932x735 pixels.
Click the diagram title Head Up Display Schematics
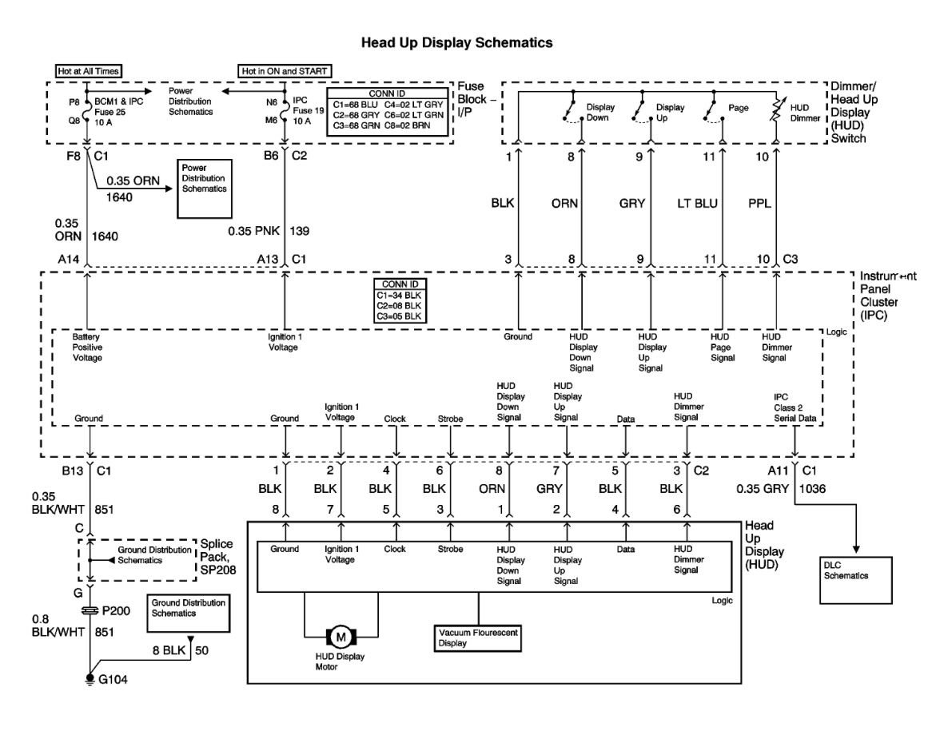pos(456,43)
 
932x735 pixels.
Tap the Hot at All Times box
pos(89,71)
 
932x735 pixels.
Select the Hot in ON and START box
pos(284,71)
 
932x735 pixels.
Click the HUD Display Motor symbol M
pos(341,638)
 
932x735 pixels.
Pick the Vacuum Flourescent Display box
pos(478,638)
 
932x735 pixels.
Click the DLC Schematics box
pos(856,581)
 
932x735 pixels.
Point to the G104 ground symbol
pos(90,678)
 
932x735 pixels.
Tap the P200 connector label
pos(116,611)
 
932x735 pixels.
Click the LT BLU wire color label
pos(697,203)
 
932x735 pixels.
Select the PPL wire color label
pos(759,203)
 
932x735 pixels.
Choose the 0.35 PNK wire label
pos(254,231)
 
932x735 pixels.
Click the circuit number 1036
pos(813,488)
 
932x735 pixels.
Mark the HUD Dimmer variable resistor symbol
pos(775,110)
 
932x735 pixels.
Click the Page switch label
pos(739,108)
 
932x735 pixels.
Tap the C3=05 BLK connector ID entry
pos(399,316)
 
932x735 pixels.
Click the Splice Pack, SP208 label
pos(217,557)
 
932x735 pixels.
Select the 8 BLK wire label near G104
pos(169,650)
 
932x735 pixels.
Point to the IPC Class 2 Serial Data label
pos(795,407)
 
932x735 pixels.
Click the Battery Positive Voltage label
pos(87,347)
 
